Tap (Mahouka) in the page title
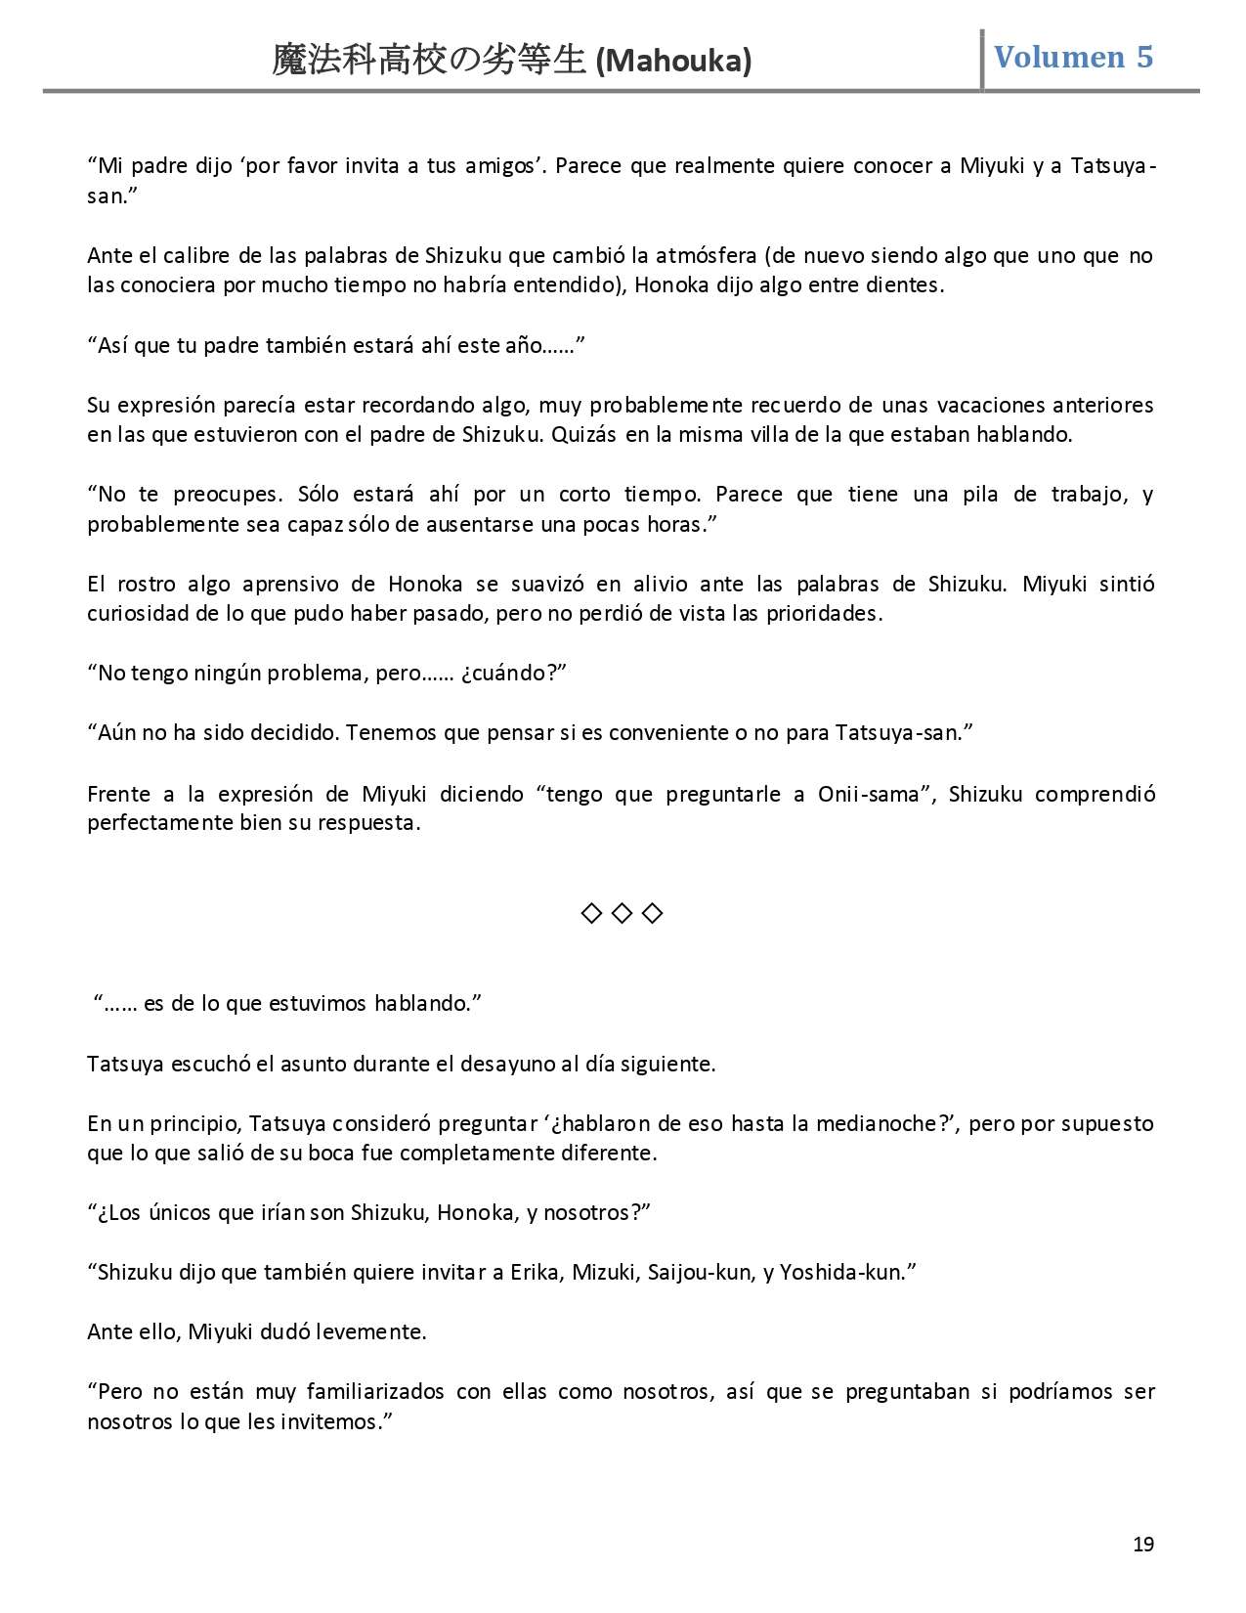pos(673,61)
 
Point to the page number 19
pos(1143,1545)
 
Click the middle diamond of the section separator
pos(623,913)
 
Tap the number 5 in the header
pos(1143,57)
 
